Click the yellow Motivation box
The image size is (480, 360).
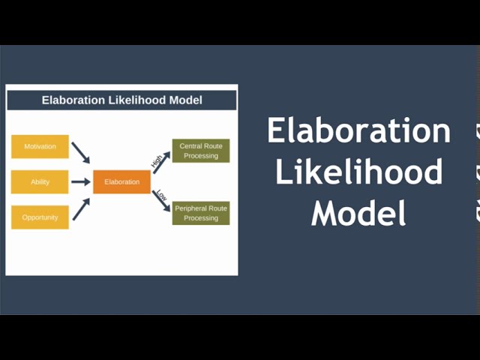point(40,146)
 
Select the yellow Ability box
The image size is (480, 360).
point(40,182)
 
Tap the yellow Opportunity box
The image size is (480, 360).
point(40,217)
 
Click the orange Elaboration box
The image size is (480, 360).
point(121,182)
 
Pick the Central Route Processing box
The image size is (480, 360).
point(201,151)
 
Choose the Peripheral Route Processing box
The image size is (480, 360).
point(201,213)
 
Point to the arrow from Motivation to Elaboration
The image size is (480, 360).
point(80,152)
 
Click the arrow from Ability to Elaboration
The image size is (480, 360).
point(80,181)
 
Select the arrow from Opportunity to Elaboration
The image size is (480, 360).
point(81,208)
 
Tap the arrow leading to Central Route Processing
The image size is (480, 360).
point(162,162)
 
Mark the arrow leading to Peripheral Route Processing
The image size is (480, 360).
point(162,200)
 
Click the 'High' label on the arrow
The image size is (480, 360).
point(156,160)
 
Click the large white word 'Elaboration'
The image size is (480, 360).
point(358,130)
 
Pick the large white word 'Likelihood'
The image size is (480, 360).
point(358,172)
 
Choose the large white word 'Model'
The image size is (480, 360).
point(358,212)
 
